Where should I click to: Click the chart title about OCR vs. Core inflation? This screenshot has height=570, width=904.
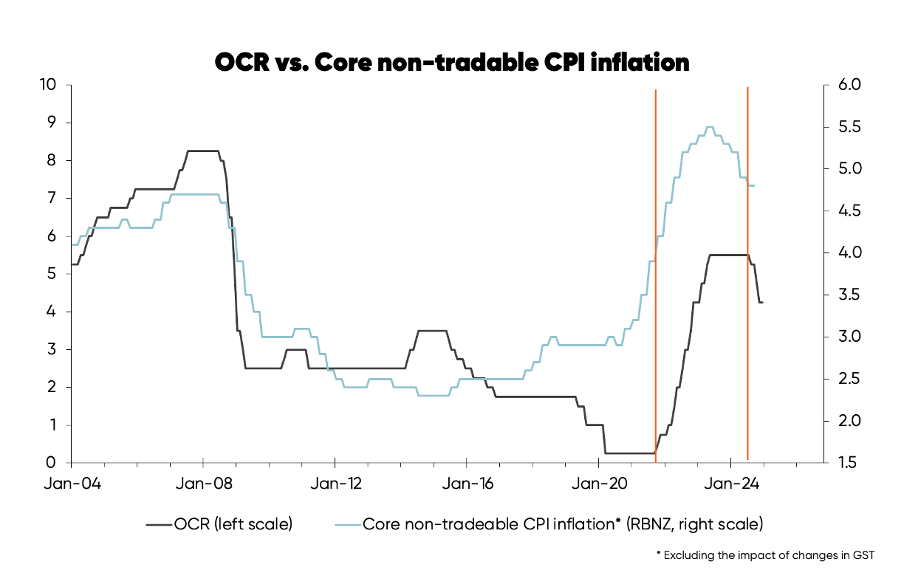(451, 62)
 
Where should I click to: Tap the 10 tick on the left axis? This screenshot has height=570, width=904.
(48, 84)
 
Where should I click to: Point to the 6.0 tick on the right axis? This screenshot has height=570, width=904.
(845, 84)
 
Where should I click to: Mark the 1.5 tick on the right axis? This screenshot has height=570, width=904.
(845, 463)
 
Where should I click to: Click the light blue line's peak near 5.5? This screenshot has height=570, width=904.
(710, 127)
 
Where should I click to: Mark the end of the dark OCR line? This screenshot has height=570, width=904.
(762, 302)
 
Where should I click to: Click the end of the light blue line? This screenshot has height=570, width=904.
(754, 185)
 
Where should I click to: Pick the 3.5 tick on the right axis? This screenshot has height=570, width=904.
(845, 295)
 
